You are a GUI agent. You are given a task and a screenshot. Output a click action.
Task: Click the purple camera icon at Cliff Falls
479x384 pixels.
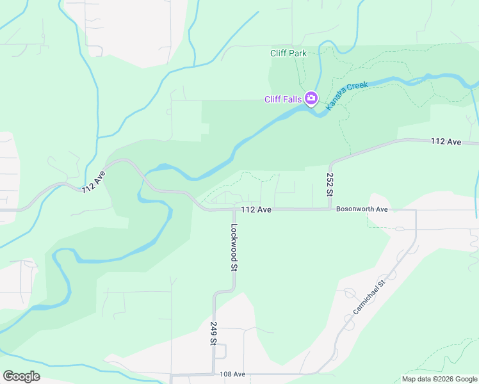point(311,98)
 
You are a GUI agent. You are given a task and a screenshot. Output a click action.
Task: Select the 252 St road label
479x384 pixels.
point(330,184)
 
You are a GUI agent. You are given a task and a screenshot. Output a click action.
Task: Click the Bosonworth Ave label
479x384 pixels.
point(362,209)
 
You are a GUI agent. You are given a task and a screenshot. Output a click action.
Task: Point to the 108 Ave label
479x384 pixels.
point(232,374)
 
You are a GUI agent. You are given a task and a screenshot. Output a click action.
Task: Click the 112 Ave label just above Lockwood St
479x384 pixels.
point(257,209)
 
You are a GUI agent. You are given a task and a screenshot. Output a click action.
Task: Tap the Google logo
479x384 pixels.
point(21,376)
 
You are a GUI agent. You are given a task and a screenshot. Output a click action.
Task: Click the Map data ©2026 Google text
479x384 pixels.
point(439,379)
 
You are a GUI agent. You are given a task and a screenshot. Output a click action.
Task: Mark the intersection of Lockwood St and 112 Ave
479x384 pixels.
point(234,209)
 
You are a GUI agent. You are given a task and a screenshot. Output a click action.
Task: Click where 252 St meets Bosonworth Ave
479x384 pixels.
point(330,209)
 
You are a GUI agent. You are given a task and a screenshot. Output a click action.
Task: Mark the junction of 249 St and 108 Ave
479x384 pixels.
point(213,374)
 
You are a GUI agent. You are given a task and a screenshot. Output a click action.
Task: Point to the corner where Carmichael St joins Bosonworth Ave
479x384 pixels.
point(416,210)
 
